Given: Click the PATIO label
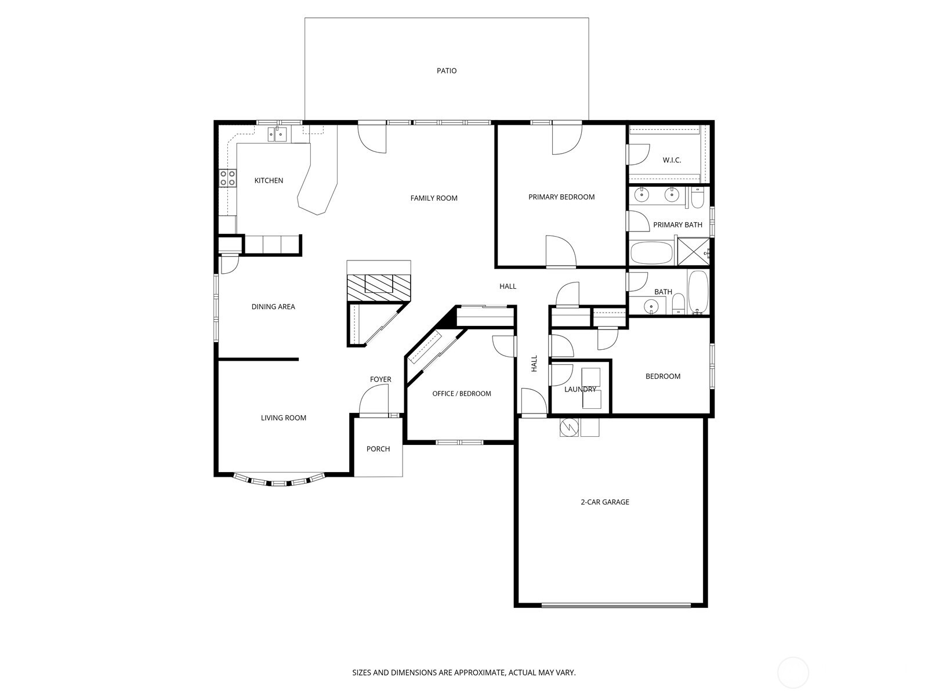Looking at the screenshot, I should click(x=447, y=71).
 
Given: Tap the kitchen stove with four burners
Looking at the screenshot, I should click(x=227, y=178).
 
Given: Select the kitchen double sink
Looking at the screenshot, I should click(x=277, y=135).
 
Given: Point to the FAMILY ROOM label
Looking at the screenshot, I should click(x=434, y=198).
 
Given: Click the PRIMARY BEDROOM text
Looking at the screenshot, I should click(x=561, y=197).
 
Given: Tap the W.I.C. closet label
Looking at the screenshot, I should click(x=672, y=160).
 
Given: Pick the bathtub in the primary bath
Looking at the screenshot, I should click(x=651, y=253).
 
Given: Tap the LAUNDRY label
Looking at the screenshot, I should click(x=580, y=389).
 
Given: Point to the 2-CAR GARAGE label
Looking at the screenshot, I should click(x=605, y=502).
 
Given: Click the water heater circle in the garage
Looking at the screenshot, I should click(x=569, y=427).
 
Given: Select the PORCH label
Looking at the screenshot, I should click(x=378, y=449).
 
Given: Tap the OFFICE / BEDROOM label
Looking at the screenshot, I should click(x=462, y=394).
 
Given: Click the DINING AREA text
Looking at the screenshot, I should click(x=273, y=307).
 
